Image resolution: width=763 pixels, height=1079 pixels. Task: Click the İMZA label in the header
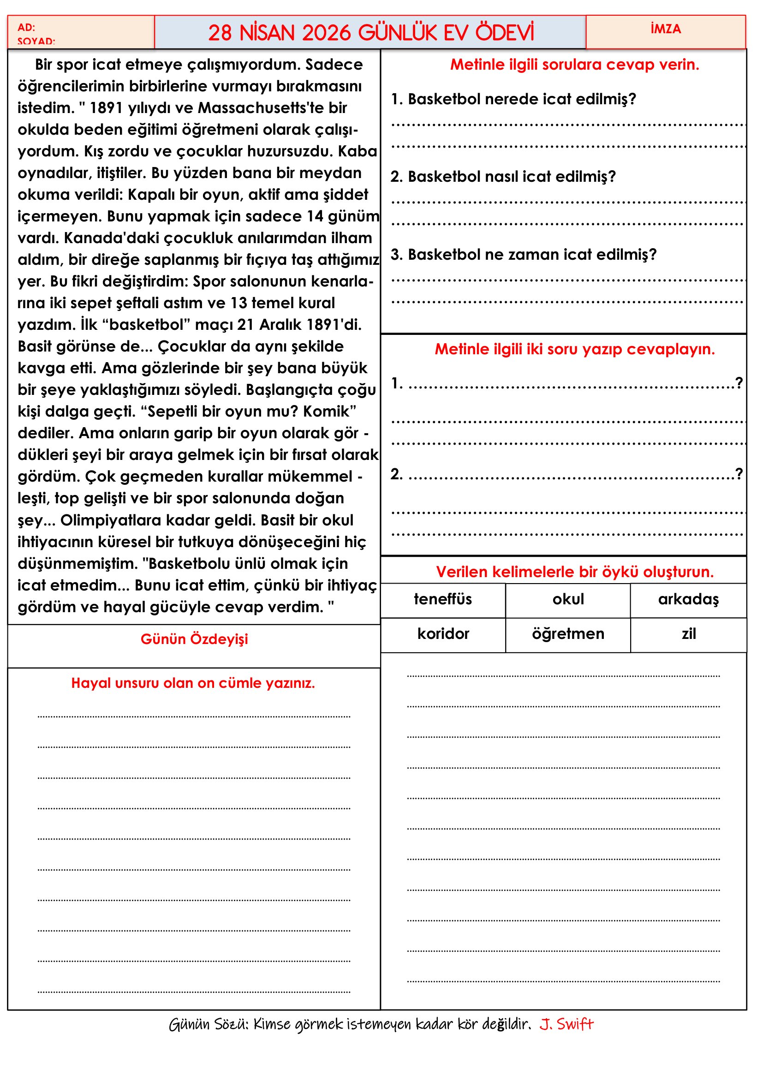pyautogui.click(x=665, y=29)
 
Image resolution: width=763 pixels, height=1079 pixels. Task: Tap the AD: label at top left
pyautogui.click(x=26, y=27)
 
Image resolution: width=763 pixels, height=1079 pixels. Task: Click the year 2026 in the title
pyautogui.click(x=326, y=33)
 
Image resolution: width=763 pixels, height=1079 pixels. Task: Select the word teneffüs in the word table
pyautogui.click(x=442, y=599)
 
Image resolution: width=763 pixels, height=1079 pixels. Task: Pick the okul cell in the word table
pyautogui.click(x=568, y=599)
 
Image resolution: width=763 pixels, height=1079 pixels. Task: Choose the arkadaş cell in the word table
pyautogui.click(x=688, y=599)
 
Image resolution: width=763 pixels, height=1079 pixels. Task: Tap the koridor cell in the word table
pyautogui.click(x=443, y=634)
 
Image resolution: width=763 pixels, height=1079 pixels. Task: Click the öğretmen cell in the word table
pyautogui.click(x=568, y=634)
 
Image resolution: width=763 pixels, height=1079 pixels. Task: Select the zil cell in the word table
pyautogui.click(x=688, y=634)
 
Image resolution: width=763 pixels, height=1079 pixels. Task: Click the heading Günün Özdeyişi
pyautogui.click(x=194, y=639)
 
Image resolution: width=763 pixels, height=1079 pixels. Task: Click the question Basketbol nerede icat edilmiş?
pyautogui.click(x=513, y=99)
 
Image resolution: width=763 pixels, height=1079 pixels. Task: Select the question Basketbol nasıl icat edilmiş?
pyautogui.click(x=503, y=177)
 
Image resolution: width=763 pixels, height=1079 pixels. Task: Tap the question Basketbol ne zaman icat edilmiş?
pyautogui.click(x=524, y=255)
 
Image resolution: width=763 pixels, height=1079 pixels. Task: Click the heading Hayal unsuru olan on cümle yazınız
pyautogui.click(x=193, y=683)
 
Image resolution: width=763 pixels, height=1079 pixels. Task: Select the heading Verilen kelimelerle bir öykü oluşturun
pyautogui.click(x=575, y=572)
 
